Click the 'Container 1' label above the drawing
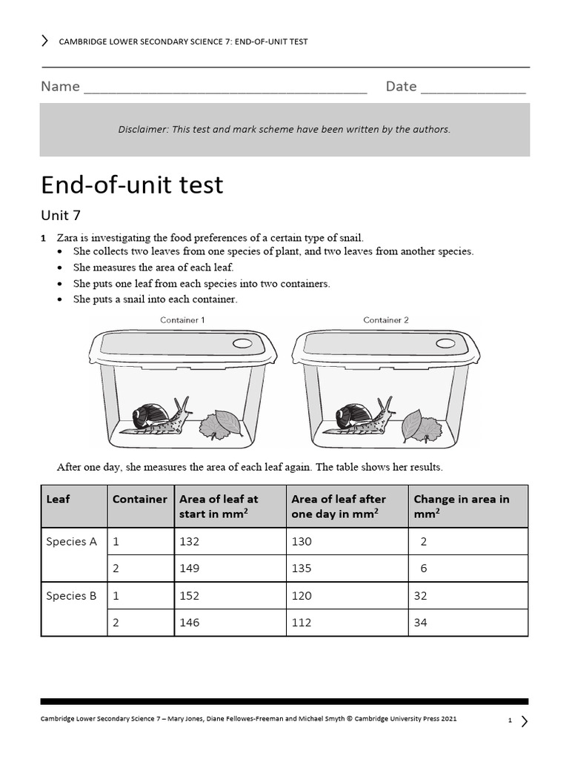tap(182, 320)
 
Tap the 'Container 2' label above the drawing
tap(385, 320)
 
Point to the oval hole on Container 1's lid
tap(242, 344)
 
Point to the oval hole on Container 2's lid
tap(445, 344)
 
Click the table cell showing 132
tap(190, 542)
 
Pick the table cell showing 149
tap(190, 569)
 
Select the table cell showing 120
tap(302, 596)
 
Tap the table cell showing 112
tap(302, 623)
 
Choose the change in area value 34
tap(421, 623)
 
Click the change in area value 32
tap(421, 596)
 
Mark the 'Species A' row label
tap(71, 542)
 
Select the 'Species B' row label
tap(71, 596)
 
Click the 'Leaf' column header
tap(58, 500)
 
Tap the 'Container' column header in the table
tap(139, 500)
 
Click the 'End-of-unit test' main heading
tap(132, 185)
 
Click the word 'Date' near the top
tap(401, 87)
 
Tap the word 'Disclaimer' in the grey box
tap(142, 130)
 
